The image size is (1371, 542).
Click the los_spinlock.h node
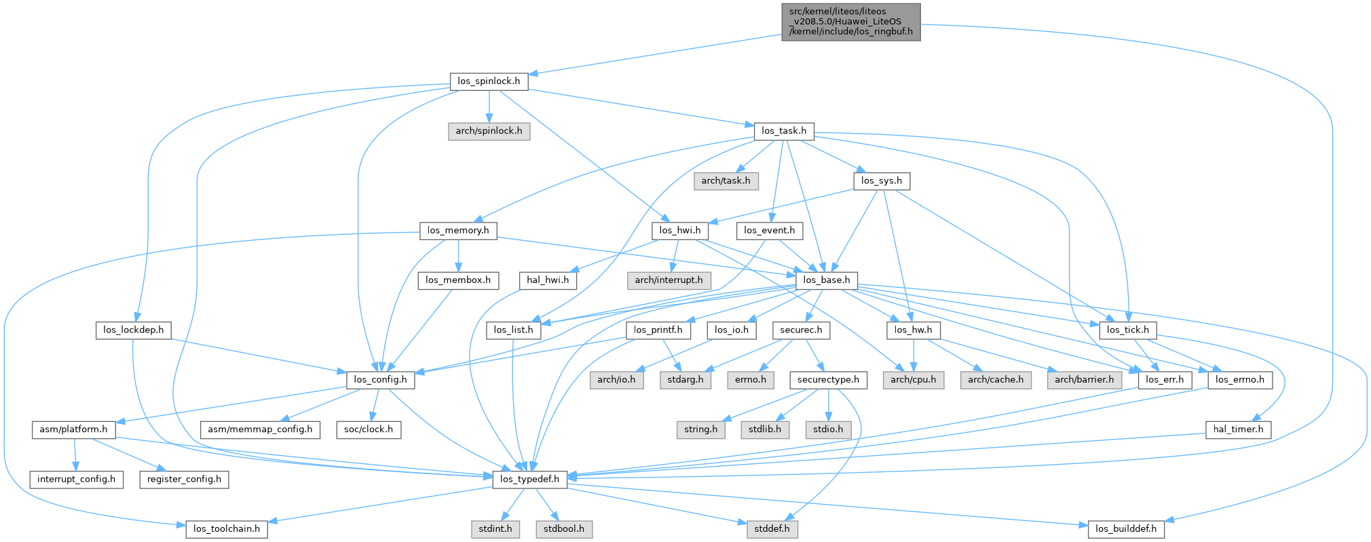click(489, 81)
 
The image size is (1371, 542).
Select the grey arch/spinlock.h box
click(489, 131)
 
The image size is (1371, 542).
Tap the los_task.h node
click(784, 131)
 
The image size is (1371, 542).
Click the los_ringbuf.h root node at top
click(851, 22)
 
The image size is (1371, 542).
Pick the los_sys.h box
click(881, 180)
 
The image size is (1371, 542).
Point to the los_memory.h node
click(458, 231)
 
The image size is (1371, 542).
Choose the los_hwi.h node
click(680, 231)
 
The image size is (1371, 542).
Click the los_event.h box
click(769, 231)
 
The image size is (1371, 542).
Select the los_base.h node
click(826, 280)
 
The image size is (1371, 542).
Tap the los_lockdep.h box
click(134, 330)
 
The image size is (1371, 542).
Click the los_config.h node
click(381, 380)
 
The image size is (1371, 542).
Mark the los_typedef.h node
click(529, 480)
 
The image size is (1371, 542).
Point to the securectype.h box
click(828, 380)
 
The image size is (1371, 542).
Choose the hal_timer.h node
click(1238, 429)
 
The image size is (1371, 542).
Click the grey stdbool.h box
click(563, 529)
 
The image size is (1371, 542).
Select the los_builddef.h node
click(1127, 529)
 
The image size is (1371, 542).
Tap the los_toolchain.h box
click(227, 529)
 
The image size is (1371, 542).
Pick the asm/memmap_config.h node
click(260, 429)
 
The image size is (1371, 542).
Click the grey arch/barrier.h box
click(1084, 380)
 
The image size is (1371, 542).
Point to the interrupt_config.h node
click(76, 480)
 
